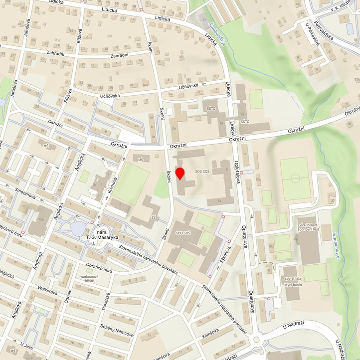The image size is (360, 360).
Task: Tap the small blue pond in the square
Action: point(78,228)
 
